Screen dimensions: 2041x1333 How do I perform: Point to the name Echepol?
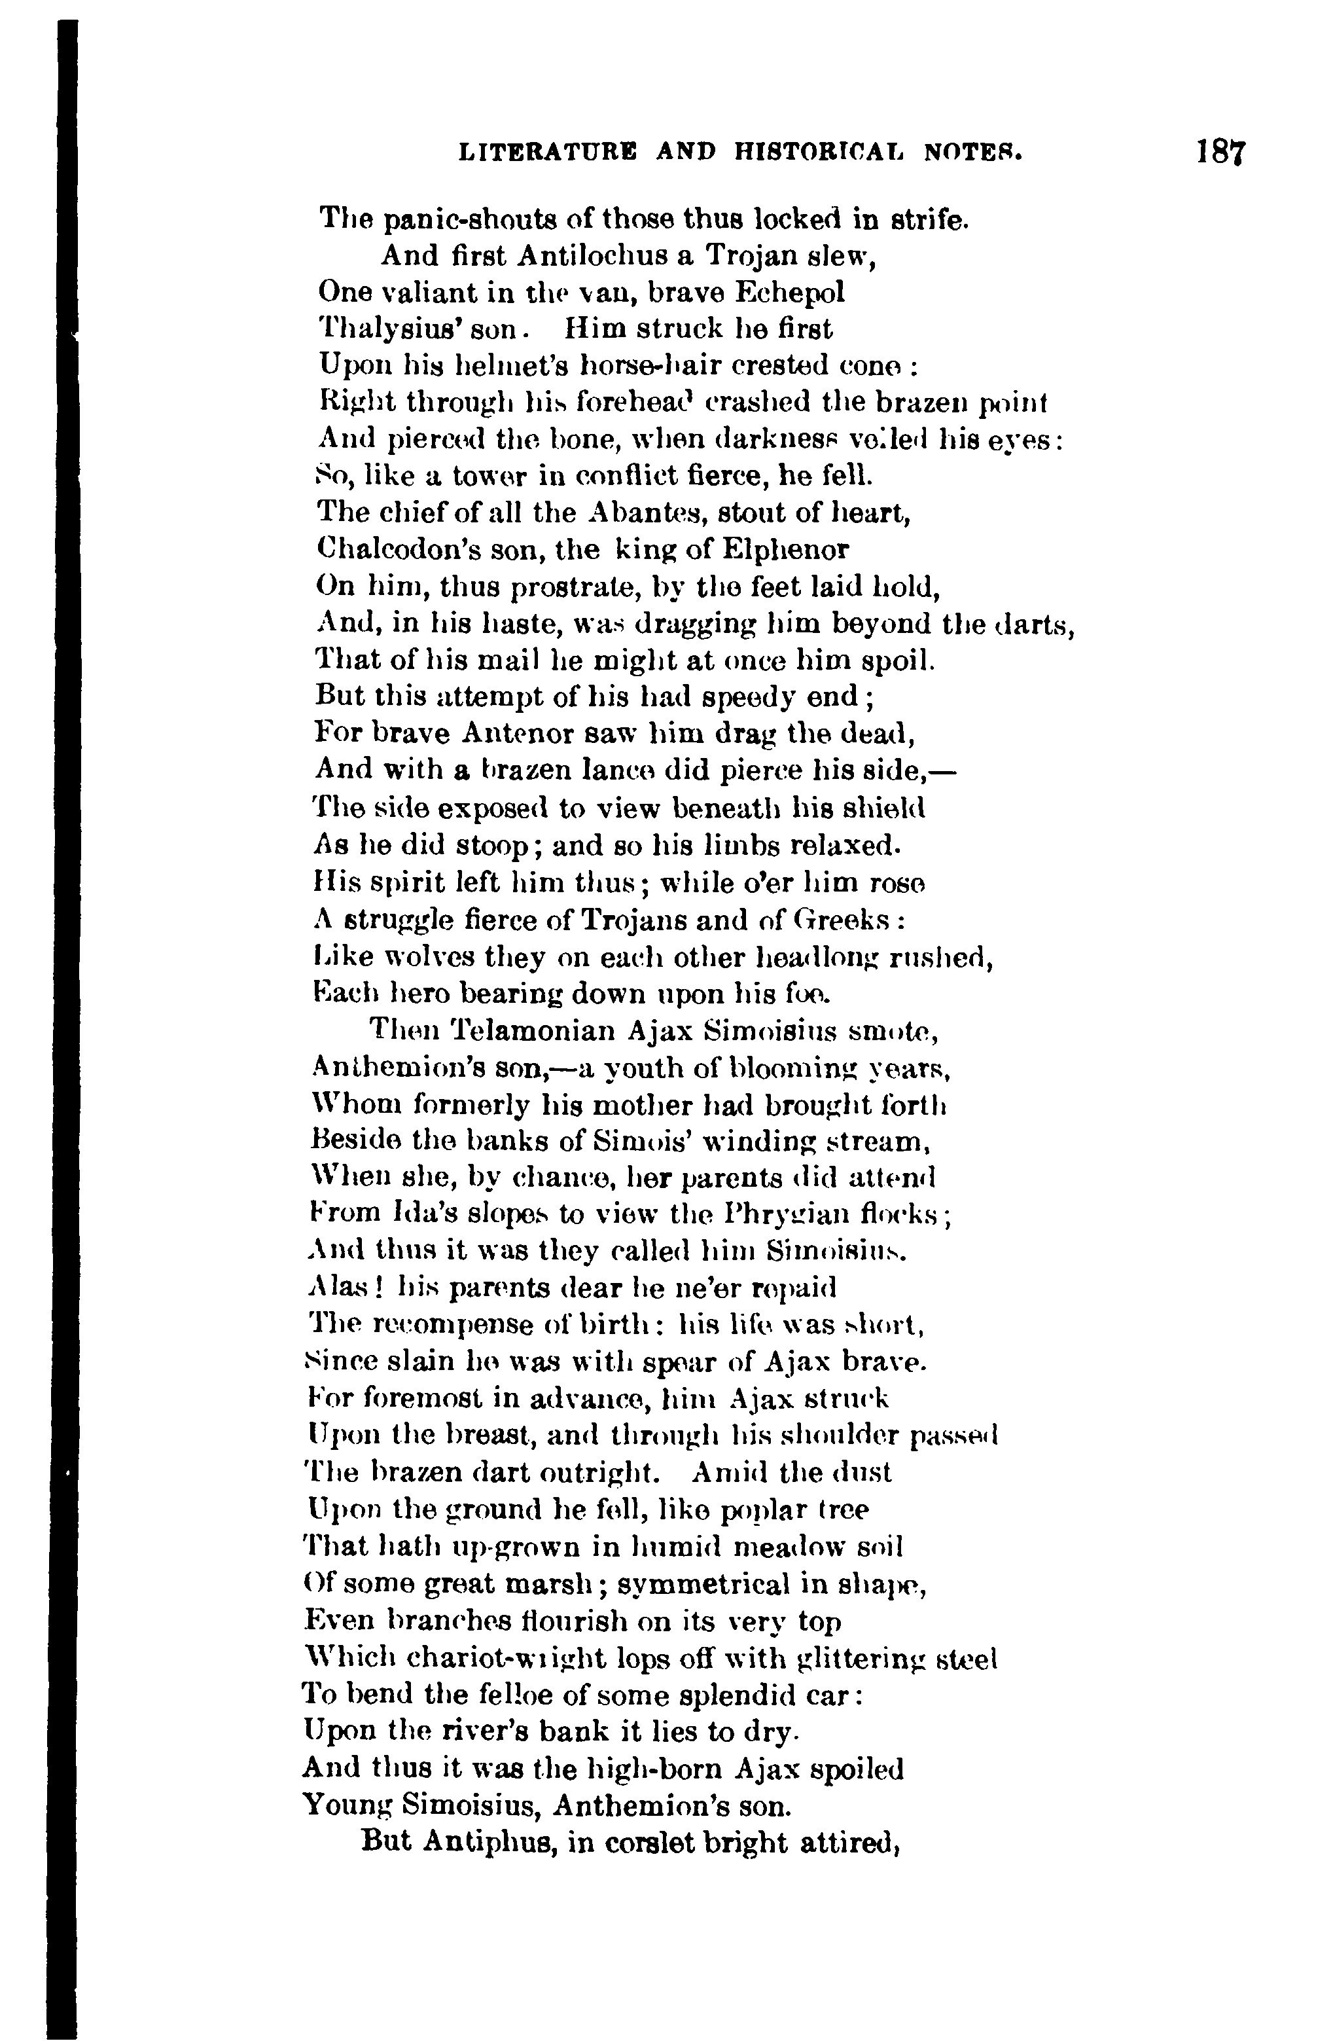coord(788,293)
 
